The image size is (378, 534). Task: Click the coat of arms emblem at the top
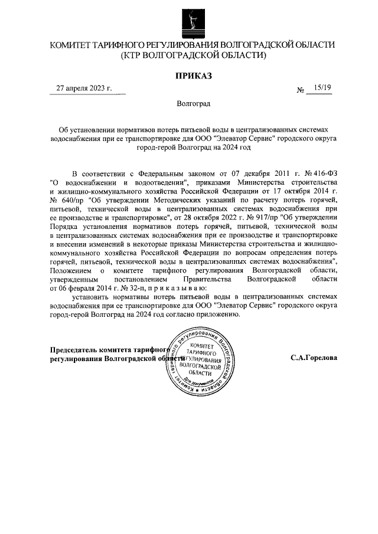193,22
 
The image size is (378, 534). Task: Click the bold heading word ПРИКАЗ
193,75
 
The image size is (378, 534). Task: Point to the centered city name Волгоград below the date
193,103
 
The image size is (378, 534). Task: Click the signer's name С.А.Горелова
314,358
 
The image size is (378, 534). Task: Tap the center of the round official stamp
200,359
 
